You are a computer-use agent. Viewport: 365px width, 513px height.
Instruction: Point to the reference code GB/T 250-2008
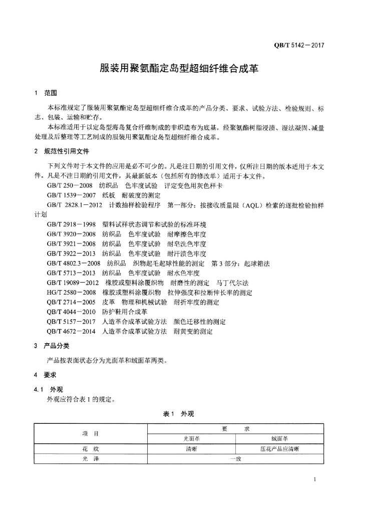(x=70, y=185)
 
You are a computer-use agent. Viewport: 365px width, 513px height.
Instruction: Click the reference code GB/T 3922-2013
(x=71, y=253)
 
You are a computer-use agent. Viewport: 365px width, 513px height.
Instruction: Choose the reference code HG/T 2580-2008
(x=71, y=292)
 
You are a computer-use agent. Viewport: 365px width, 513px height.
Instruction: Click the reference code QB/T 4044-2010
(x=71, y=312)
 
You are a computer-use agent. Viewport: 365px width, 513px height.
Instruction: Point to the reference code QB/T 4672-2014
(x=71, y=331)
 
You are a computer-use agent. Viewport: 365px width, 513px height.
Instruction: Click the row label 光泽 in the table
(x=91, y=459)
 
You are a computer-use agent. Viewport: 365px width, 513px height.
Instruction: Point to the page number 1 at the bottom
(x=314, y=480)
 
